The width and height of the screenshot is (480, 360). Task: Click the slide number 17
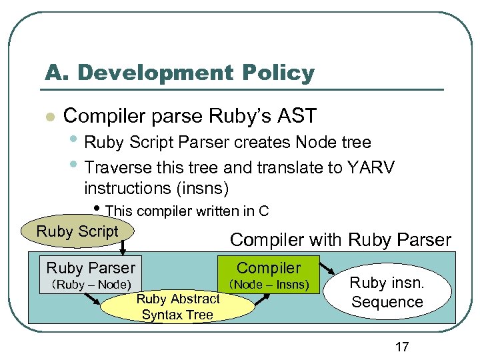pyautogui.click(x=402, y=347)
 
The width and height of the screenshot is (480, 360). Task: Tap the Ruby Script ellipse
pyautogui.click(x=77, y=232)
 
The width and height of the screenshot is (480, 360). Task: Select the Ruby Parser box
pyautogui.click(x=91, y=268)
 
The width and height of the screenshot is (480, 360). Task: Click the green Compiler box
pyautogui.click(x=269, y=267)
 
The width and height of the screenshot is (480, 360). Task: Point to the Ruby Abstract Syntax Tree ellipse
pyautogui.click(x=177, y=307)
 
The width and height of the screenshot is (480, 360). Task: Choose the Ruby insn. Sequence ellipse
pyautogui.click(x=387, y=292)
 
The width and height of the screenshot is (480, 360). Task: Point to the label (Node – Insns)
pyautogui.click(x=269, y=285)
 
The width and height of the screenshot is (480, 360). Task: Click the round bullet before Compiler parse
pyautogui.click(x=49, y=117)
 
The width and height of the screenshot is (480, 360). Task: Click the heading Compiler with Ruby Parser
pyautogui.click(x=340, y=239)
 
